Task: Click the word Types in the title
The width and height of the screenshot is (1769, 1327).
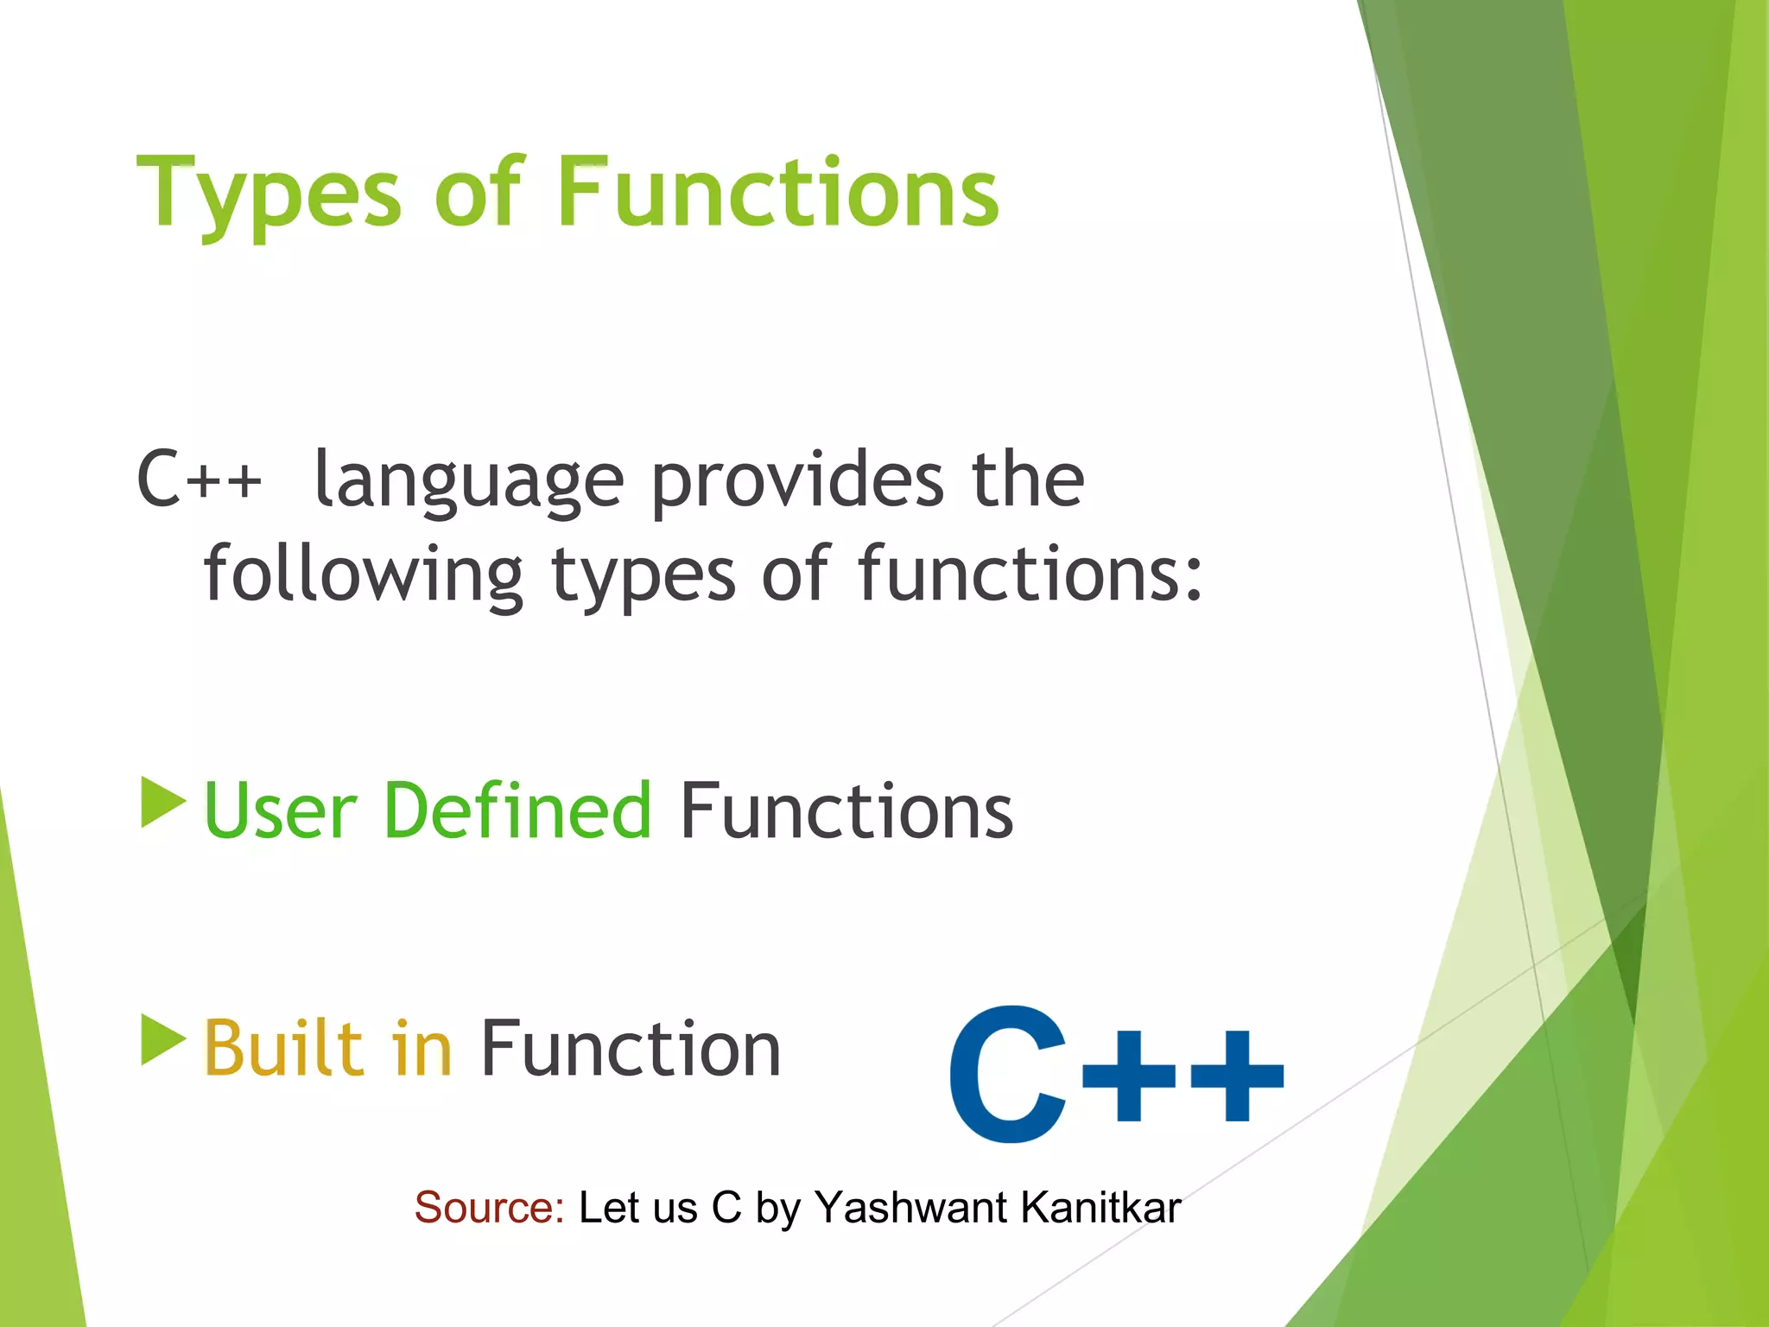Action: pos(269,194)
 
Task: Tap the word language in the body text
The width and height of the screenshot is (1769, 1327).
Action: pos(468,482)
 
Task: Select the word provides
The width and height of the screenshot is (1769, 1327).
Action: pos(796,480)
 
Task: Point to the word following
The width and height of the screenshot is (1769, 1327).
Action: pos(363,575)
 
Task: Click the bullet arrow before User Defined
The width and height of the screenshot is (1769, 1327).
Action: pos(162,803)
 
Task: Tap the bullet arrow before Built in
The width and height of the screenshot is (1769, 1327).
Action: pos(162,1040)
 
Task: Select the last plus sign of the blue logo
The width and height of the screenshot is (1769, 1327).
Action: pos(1236,1076)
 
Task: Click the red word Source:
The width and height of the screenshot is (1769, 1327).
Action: pos(489,1207)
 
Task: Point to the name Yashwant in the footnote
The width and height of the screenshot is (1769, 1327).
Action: pos(910,1208)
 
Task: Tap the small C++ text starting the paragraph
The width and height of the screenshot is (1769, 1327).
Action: pos(199,480)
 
